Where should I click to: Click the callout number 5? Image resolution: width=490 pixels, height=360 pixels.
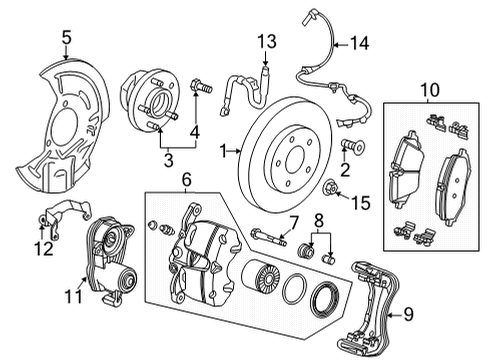pos(66,39)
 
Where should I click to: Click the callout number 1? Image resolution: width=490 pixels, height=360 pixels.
pos(224,152)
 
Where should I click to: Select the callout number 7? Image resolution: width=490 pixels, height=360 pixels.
pos(294,221)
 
